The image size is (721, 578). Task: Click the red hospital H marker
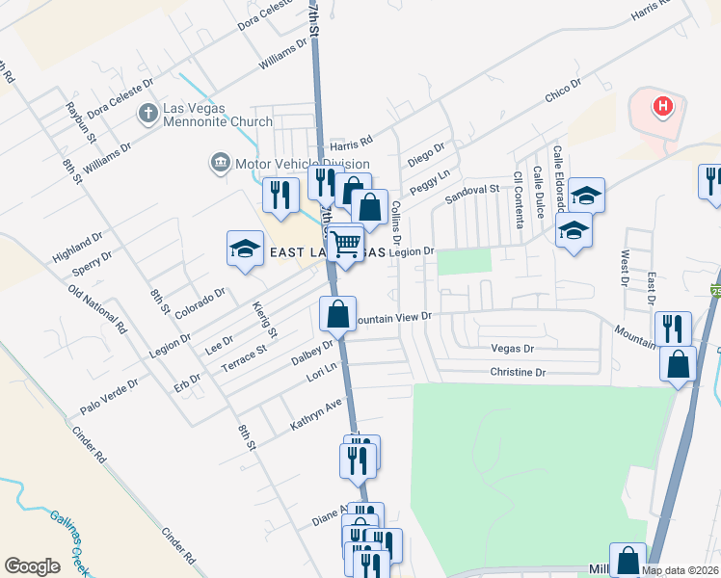click(x=663, y=106)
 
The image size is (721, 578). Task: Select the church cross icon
click(x=147, y=114)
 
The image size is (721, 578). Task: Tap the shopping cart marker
click(x=346, y=244)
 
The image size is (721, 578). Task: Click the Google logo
click(x=32, y=566)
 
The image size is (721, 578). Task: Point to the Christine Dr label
click(x=518, y=372)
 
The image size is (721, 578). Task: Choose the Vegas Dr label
click(x=512, y=349)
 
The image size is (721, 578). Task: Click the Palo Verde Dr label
click(x=109, y=396)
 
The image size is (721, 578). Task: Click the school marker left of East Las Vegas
click(x=245, y=250)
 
